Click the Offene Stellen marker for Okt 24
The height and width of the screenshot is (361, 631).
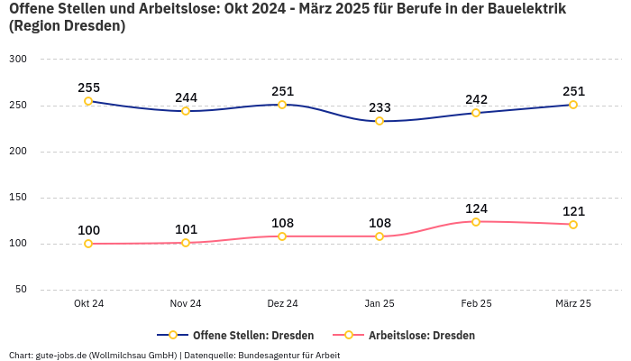coord(88,101)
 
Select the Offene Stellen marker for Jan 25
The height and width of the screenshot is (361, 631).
coord(380,121)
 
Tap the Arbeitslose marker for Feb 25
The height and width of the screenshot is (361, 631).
coord(476,221)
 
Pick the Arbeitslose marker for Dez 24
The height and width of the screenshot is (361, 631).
coord(282,236)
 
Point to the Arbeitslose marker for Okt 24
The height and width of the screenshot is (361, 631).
coord(88,244)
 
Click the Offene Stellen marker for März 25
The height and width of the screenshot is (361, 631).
coord(573,105)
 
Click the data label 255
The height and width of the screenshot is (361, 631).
coord(88,88)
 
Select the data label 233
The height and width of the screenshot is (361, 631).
coord(380,107)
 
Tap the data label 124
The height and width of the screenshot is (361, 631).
coord(476,208)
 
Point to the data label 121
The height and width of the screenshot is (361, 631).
coord(573,211)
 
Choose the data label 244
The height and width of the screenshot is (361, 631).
coord(186,97)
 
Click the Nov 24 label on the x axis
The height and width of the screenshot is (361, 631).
coord(186,303)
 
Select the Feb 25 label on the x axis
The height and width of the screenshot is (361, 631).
coord(476,303)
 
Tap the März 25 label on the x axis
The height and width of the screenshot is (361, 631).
coord(573,303)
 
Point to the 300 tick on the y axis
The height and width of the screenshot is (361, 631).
coord(17,59)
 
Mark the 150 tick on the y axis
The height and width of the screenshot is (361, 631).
coord(17,197)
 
